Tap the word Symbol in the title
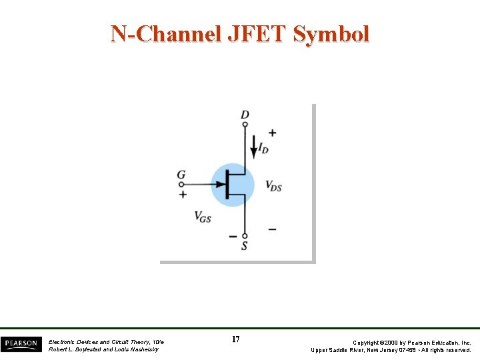tap(331, 33)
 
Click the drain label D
tap(245, 115)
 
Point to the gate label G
tap(181, 175)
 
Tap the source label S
tap(245, 246)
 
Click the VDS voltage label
tap(273, 186)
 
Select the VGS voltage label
tap(203, 216)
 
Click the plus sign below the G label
tap(183, 194)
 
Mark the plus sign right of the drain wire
tap(272, 133)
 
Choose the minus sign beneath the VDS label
tap(272, 229)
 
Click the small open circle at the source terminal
tap(245, 235)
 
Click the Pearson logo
tap(21, 343)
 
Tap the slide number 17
tap(236, 339)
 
